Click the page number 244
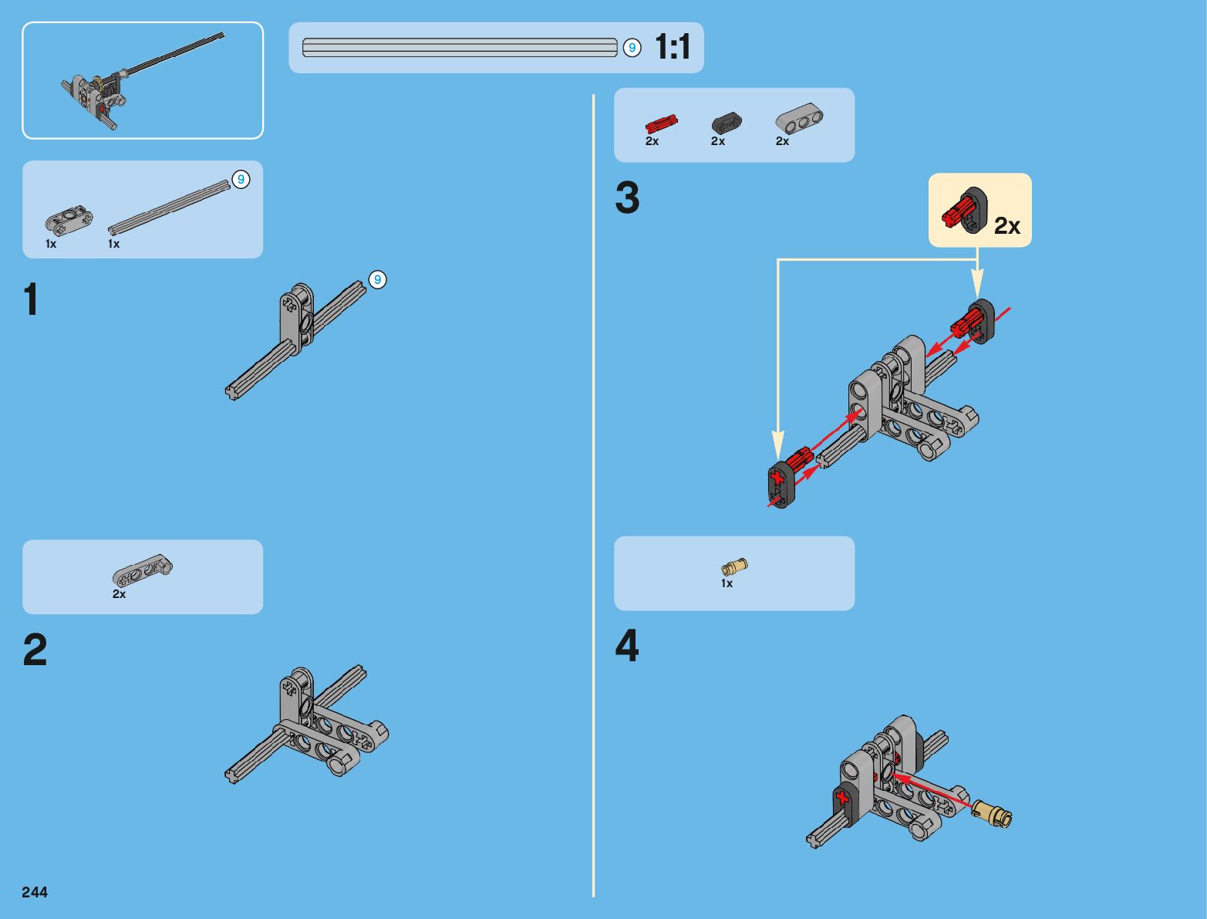tap(35, 892)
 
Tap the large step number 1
tap(31, 299)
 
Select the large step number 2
tap(35, 650)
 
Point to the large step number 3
tap(627, 198)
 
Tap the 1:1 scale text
tap(673, 48)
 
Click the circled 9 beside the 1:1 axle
tap(632, 48)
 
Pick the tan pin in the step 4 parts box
tap(734, 567)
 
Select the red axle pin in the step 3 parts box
tap(661, 123)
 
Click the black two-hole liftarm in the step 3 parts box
tap(726, 123)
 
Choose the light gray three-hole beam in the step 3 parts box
tap(798, 120)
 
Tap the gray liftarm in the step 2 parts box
tap(143, 571)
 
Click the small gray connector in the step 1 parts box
tap(69, 221)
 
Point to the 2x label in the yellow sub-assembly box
tap(1006, 225)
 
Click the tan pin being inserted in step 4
tap(992, 813)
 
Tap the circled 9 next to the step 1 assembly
tap(377, 279)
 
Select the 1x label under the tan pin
tap(727, 584)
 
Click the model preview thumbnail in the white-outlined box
tap(143, 80)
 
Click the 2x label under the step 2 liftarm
tap(119, 594)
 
